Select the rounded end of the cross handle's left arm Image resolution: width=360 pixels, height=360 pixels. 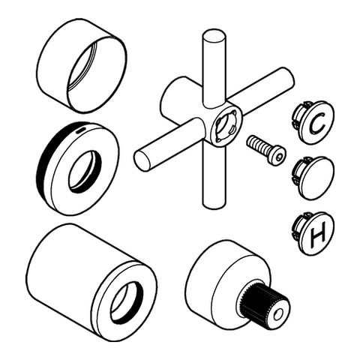click(141, 160)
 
